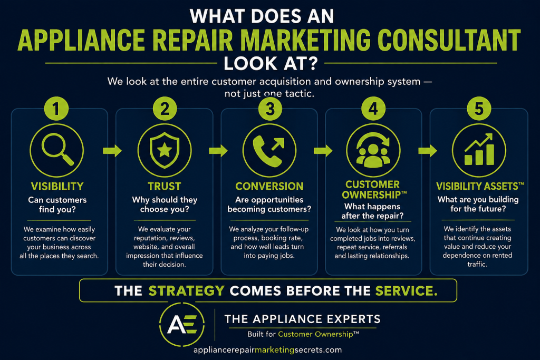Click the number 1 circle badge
point(56,109)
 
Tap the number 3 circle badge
point(270,109)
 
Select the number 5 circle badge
point(479,109)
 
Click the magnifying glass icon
point(57,149)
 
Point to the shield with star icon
point(165,150)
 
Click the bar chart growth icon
point(479,150)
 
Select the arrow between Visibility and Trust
point(112,150)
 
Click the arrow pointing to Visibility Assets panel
point(428,150)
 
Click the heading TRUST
point(165,186)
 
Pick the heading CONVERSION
point(269,186)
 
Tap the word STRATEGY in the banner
point(187,291)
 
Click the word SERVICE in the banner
point(407,291)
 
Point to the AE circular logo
point(182,324)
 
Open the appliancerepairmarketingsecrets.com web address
point(267,350)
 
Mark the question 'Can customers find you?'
point(57,205)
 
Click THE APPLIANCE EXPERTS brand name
point(302,319)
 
